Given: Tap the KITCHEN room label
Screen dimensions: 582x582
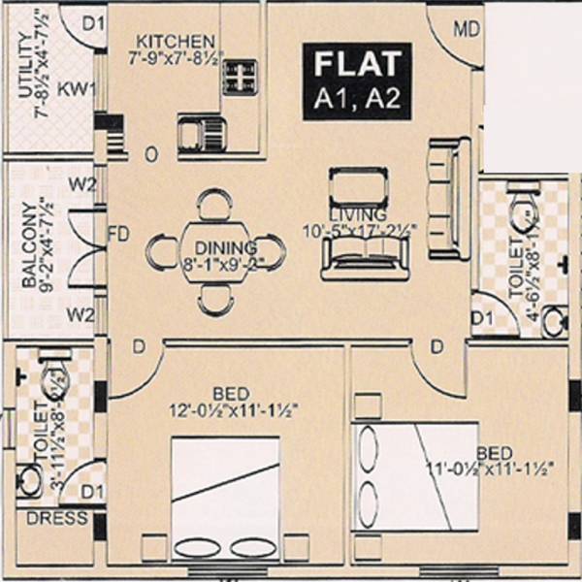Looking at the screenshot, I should coord(175,42).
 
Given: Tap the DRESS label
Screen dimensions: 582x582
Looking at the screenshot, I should coord(45,518).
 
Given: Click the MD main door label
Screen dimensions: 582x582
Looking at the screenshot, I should coord(467,31).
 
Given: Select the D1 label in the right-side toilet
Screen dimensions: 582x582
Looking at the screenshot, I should coord(482,317).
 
